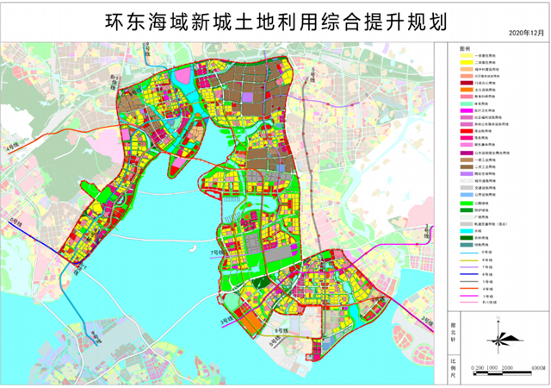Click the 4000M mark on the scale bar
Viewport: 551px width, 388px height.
pyautogui.click(x=539, y=368)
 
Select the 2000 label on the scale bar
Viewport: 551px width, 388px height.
pyautogui.click(x=507, y=368)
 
